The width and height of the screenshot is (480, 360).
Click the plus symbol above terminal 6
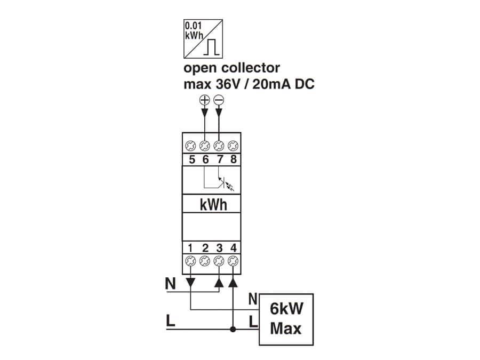tap(204, 100)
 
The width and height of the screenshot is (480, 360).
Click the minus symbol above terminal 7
tap(218, 100)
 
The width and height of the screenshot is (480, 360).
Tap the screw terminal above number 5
tap(190, 145)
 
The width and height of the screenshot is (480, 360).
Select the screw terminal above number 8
tap(233, 145)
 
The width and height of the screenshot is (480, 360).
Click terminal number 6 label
tap(204, 159)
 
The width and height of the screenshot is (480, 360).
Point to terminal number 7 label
tap(219, 159)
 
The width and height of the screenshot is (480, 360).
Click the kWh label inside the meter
tap(212, 204)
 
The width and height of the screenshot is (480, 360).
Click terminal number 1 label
tap(190, 248)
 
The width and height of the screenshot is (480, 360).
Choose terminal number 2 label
tap(205, 248)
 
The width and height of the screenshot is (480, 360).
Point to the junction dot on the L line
tap(233, 330)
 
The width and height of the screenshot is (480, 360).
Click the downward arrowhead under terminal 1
tap(191, 281)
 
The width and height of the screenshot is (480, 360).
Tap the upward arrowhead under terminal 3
tap(219, 281)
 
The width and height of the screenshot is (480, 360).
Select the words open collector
tap(231, 68)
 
